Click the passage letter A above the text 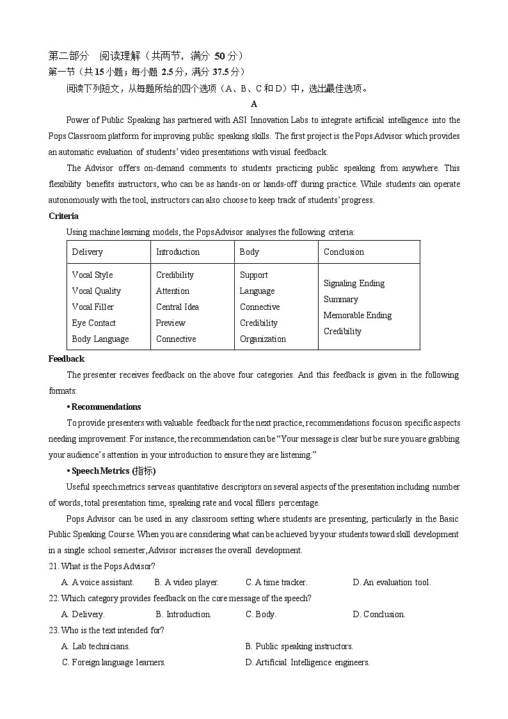point(254,104)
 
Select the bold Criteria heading point(63,216)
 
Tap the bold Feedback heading point(66,359)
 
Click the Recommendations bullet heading point(105,407)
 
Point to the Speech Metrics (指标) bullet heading point(113,471)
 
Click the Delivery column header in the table point(88,252)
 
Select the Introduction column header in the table point(178,252)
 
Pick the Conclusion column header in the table point(344,252)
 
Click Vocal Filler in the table point(93,307)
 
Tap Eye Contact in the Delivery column point(93,323)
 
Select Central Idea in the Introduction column point(177,307)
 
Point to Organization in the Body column point(262,339)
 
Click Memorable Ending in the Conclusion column point(358,315)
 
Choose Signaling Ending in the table point(354,283)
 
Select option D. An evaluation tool point(392,582)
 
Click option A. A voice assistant point(98,582)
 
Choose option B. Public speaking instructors point(299,646)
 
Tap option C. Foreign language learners point(114,662)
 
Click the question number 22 point(54,598)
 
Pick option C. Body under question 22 point(260,614)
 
